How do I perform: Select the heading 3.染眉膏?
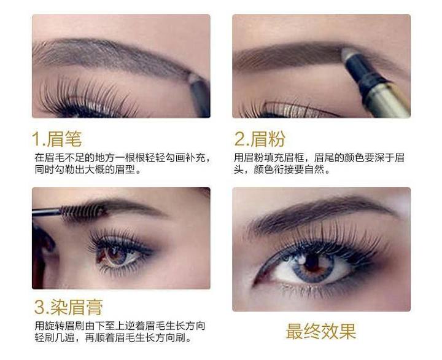click(68, 307)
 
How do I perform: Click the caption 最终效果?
click(320, 332)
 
